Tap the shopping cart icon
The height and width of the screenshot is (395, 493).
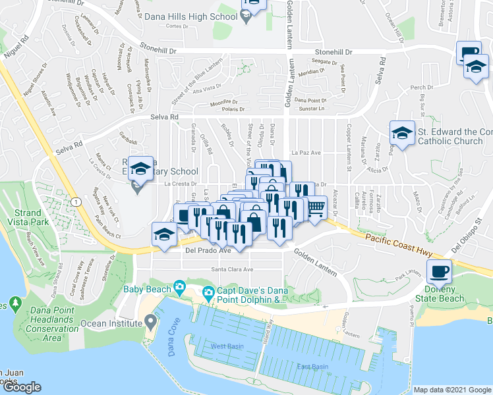[x=316, y=208]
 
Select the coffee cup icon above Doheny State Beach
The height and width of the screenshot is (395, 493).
[x=438, y=271]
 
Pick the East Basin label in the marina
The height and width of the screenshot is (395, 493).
[x=312, y=367]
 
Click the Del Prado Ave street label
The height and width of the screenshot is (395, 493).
[x=208, y=250]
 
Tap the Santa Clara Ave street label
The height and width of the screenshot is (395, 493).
[x=232, y=269]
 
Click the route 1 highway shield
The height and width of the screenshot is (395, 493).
[x=78, y=201]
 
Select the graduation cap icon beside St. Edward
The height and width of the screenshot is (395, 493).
[x=401, y=133]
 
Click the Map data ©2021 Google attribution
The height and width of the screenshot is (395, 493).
[x=451, y=390]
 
